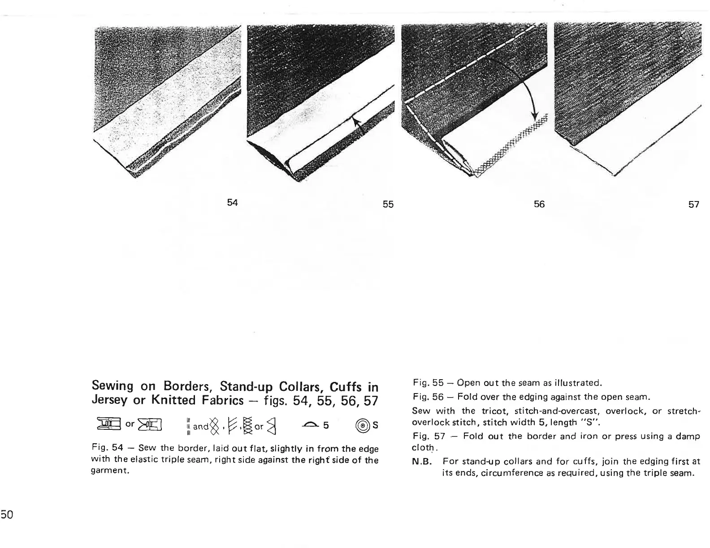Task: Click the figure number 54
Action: tap(232, 202)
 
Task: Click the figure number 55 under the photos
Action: tap(388, 204)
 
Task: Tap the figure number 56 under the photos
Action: tap(539, 204)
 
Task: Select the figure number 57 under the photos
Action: tap(693, 204)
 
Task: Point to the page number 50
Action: tap(8, 514)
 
